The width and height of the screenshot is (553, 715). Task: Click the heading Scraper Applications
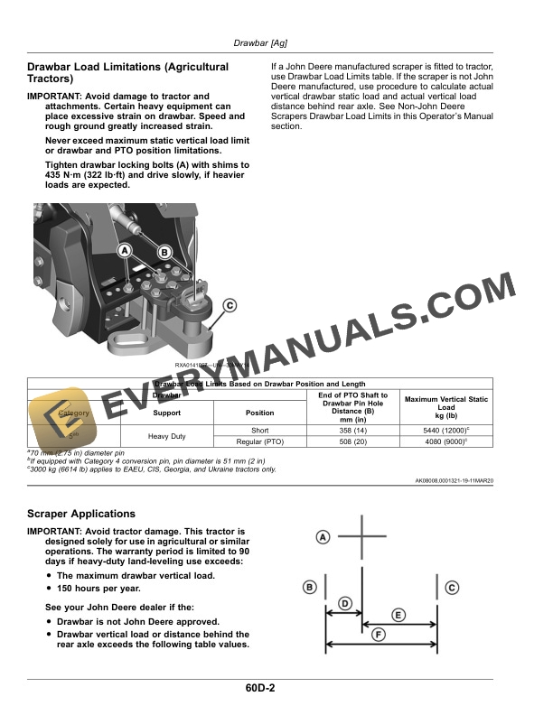[x=81, y=514]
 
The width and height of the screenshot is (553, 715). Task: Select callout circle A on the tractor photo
[x=125, y=249]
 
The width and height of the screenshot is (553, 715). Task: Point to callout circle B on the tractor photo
[x=165, y=254]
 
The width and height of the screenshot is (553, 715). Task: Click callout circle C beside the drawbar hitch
[x=230, y=306]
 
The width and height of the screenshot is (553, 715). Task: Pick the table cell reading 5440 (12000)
[x=445, y=431]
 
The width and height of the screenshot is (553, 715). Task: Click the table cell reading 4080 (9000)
[x=445, y=442]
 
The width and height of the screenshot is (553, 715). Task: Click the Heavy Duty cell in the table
[x=166, y=436]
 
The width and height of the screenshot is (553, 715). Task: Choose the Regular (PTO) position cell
[x=260, y=442]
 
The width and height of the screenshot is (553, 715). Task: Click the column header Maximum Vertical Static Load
[x=445, y=407]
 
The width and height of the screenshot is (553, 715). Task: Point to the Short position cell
[x=260, y=431]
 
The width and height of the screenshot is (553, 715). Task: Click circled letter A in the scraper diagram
[x=323, y=537]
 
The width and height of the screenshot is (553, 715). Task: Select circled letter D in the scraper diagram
[x=344, y=602]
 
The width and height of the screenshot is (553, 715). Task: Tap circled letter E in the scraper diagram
[x=398, y=615]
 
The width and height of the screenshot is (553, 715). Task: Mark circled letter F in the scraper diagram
[x=380, y=635]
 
